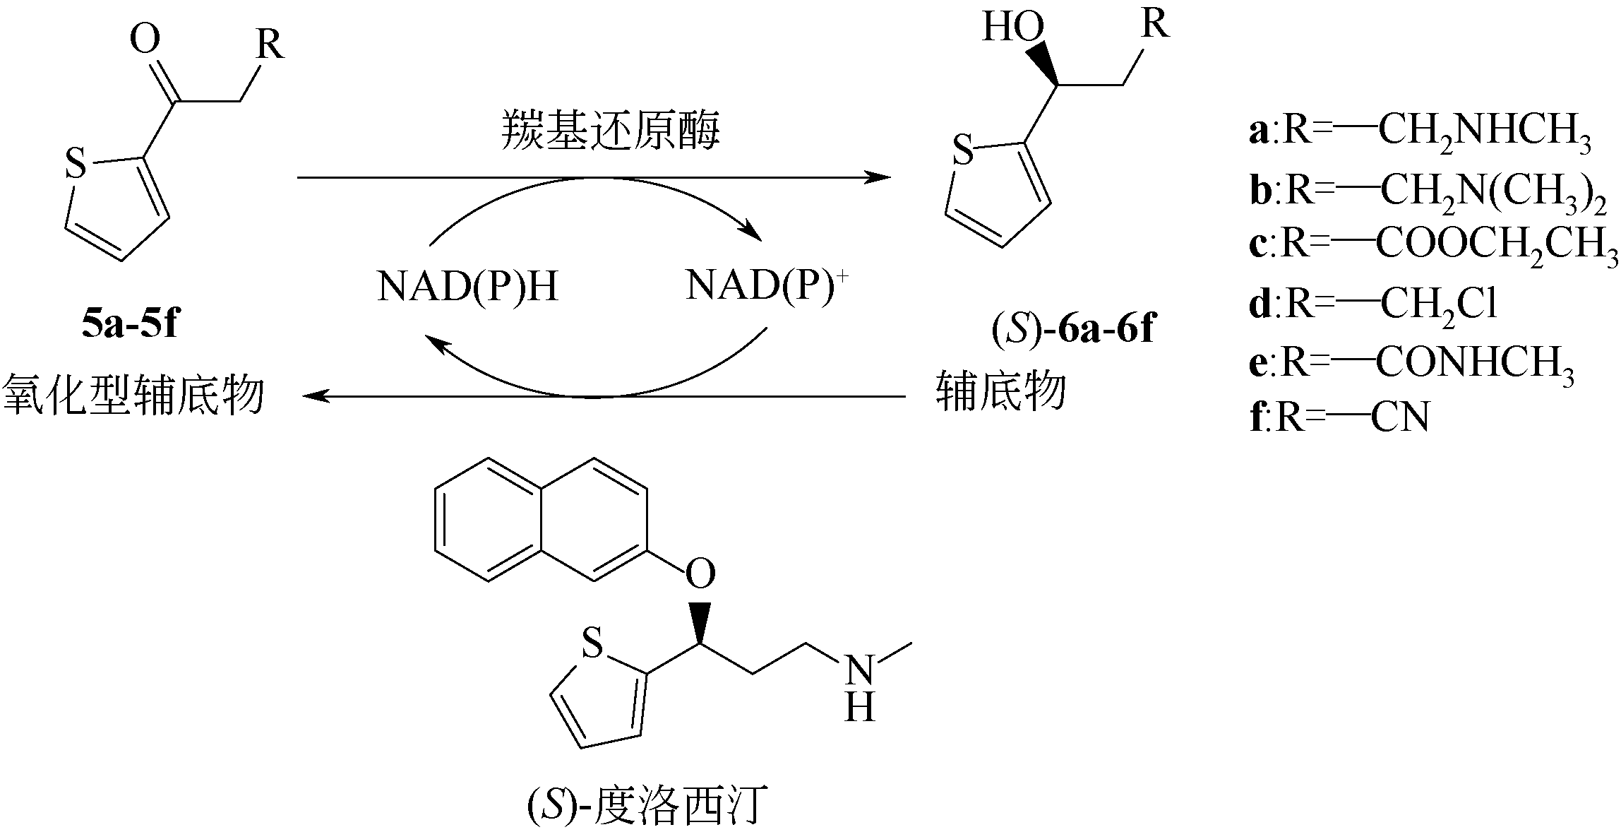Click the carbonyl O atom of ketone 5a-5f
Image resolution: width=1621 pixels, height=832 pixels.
point(145,40)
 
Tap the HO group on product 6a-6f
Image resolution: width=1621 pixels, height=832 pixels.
point(1013,28)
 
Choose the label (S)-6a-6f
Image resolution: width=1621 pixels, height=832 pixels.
point(1072,329)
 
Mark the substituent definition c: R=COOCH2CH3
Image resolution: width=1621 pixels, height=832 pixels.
point(1433,245)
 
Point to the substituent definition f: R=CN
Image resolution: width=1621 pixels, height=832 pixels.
point(1339,417)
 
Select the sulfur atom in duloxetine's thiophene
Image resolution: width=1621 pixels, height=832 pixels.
point(592,643)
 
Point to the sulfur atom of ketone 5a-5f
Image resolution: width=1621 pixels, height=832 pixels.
point(75,164)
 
